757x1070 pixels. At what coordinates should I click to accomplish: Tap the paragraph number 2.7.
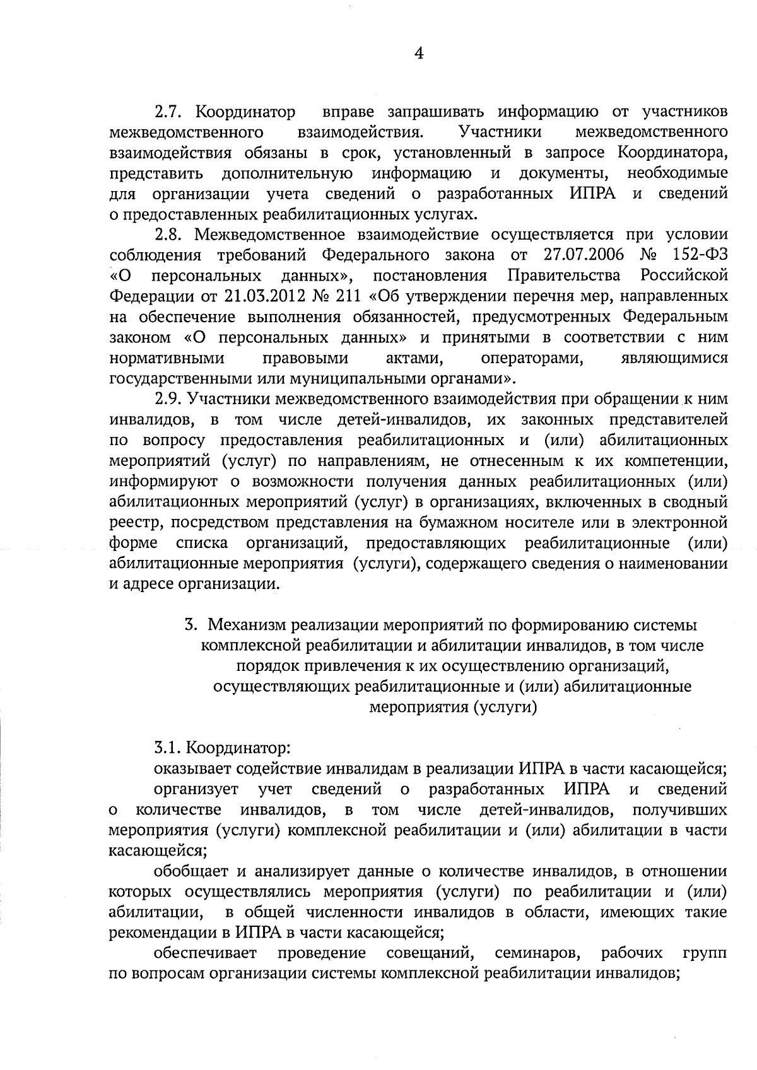tap(169, 113)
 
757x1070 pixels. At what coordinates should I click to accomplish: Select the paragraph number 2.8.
tap(169, 235)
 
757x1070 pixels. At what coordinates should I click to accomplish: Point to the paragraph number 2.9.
tap(169, 399)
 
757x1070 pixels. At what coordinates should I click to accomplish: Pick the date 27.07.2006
tap(583, 255)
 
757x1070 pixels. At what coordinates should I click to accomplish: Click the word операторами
tap(531, 358)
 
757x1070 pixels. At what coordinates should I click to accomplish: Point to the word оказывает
tap(193, 769)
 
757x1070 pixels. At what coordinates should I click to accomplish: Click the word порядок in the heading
tap(266, 666)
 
